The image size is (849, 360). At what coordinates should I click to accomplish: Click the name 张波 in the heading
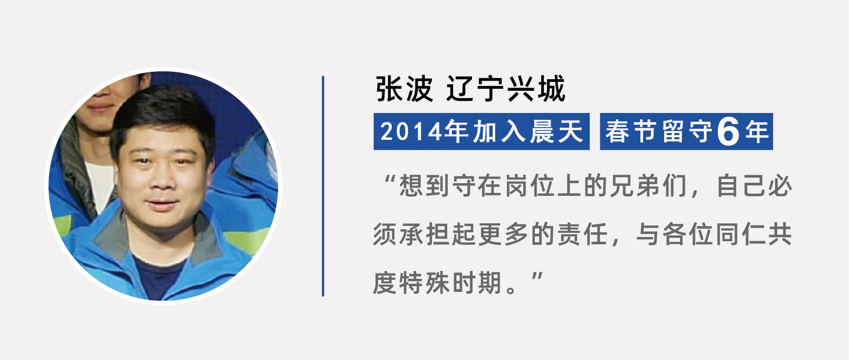[x=404, y=89]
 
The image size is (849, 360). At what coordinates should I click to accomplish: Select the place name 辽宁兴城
[x=506, y=89]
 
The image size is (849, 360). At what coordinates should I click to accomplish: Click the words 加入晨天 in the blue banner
[x=528, y=131]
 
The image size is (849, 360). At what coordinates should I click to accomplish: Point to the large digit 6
[x=729, y=132]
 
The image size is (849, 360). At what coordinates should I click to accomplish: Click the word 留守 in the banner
[x=687, y=131]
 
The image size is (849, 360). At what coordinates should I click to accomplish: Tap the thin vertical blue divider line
[x=323, y=186]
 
